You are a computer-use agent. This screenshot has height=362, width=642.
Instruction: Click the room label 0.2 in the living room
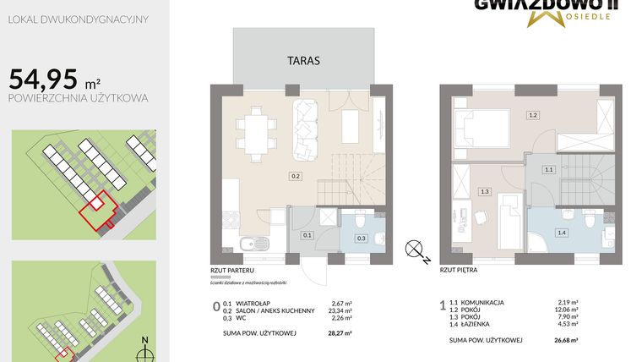tap(295, 176)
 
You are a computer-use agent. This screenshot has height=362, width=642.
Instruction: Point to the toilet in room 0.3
tap(360, 222)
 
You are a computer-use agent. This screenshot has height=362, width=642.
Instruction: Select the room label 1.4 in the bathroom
tap(561, 231)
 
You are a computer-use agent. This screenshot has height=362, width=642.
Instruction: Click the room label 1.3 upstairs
tap(484, 191)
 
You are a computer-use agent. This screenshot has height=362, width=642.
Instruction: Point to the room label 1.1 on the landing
tap(548, 170)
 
